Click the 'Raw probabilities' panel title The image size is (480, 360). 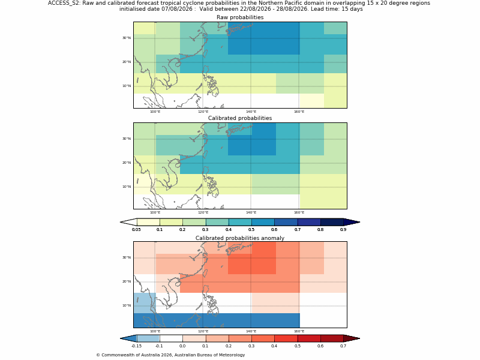pyautogui.click(x=240, y=17)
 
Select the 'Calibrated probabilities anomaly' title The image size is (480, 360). pyautogui.click(x=240, y=238)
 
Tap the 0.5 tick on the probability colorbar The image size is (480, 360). pyautogui.click(x=251, y=226)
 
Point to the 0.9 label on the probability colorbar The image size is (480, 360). pyautogui.click(x=343, y=230)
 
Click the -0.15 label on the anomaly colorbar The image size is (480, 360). pyautogui.click(x=137, y=346)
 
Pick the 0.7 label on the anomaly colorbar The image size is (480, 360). pyautogui.click(x=343, y=346)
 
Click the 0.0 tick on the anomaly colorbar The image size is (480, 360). pyautogui.click(x=183, y=342)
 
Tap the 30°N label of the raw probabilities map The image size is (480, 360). pyautogui.click(x=127, y=38)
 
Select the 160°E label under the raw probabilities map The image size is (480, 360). pyautogui.click(x=299, y=112)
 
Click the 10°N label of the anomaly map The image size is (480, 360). pyautogui.click(x=127, y=305)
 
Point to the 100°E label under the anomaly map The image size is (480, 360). pyautogui.click(x=155, y=332)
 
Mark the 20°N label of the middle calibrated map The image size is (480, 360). pyautogui.click(x=127, y=163)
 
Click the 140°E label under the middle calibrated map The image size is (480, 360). pyautogui.click(x=251, y=212)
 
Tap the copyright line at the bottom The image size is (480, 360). pyautogui.click(x=170, y=355)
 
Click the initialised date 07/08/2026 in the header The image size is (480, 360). pyautogui.click(x=177, y=9)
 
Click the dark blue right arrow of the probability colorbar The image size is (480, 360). pyautogui.click(x=352, y=222)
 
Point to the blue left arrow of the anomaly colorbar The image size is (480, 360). pyautogui.click(x=129, y=338)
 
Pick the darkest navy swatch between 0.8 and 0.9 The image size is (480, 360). pyautogui.click(x=332, y=222)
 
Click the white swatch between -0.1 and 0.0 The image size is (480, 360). pyautogui.click(x=171, y=338)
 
